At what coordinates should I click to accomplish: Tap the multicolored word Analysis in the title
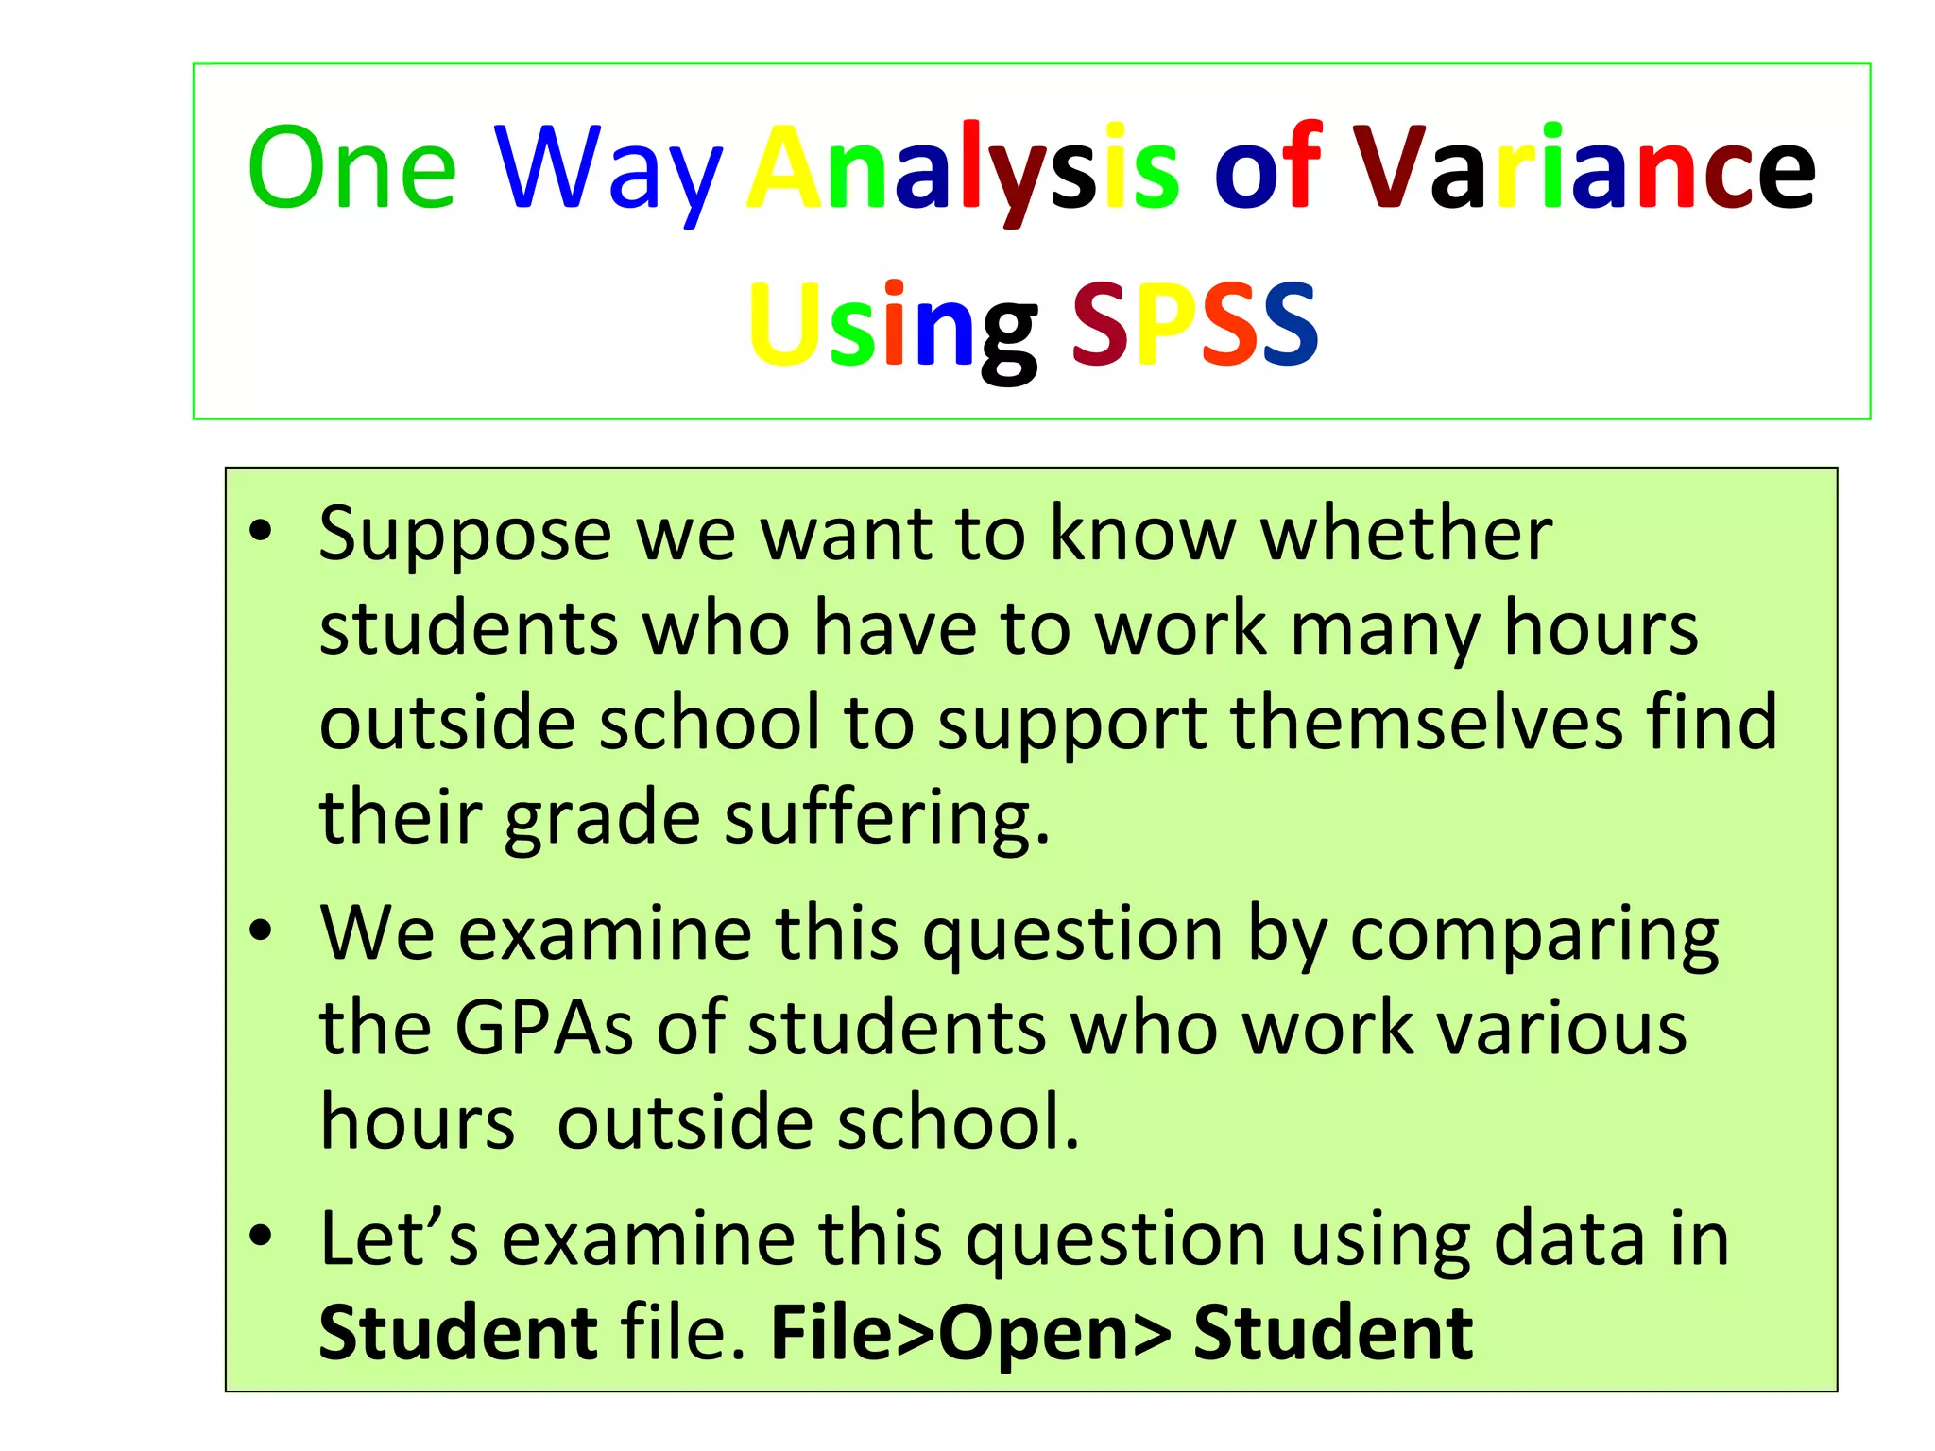(964, 170)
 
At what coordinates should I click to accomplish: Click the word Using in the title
(892, 326)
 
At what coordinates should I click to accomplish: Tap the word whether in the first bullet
(1407, 534)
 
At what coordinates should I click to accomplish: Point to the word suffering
(887, 818)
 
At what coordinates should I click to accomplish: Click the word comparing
(1534, 935)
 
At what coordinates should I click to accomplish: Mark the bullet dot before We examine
(261, 932)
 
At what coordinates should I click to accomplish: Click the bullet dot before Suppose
(261, 533)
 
